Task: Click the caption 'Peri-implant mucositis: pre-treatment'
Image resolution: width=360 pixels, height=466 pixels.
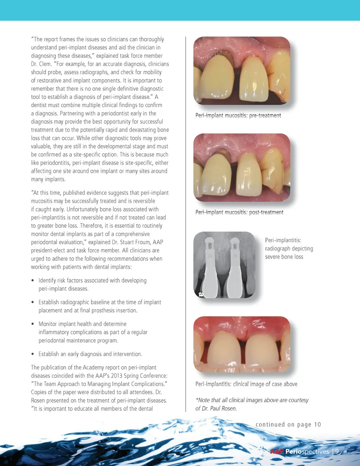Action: [238, 116]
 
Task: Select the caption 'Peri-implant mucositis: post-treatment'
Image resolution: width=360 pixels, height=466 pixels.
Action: [239, 212]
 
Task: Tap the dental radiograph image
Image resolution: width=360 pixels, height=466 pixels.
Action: [224, 265]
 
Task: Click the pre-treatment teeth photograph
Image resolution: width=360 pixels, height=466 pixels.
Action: [242, 71]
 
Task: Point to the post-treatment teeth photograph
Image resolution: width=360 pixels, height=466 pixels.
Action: [242, 167]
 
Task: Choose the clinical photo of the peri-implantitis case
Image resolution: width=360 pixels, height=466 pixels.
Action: [242, 344]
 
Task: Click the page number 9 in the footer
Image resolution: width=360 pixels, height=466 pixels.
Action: [337, 451]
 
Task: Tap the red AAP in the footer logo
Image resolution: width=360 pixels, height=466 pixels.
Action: [277, 451]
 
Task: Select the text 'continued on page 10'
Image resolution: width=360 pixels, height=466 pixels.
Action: [288, 424]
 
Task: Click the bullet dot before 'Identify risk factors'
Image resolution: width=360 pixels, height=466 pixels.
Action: [33, 281]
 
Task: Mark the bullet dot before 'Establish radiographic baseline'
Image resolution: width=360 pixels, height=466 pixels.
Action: [33, 302]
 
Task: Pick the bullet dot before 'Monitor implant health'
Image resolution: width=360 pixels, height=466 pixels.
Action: [33, 324]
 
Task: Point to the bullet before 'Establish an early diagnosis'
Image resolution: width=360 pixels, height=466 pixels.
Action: [33, 354]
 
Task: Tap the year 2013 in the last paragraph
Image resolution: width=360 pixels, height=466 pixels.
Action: [117, 376]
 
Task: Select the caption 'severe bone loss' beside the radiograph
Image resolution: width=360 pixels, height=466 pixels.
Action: [284, 257]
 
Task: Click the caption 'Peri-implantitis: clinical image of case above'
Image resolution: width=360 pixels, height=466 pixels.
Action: [246, 384]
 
